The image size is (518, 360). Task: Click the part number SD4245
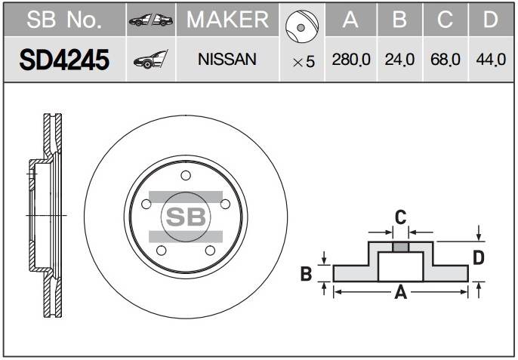64,60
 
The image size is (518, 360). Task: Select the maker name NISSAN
227,60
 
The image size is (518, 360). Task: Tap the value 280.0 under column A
351,60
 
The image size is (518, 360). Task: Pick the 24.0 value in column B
399,60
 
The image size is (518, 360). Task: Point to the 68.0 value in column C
445,60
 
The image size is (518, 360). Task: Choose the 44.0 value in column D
491,60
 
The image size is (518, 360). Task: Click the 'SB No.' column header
64,20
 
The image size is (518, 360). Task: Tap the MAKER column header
227,20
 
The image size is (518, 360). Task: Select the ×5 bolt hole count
304,62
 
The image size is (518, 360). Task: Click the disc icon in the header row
302,26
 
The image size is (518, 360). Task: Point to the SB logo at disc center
186,217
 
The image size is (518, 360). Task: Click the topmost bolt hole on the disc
186,175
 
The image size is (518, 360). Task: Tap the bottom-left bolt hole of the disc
162,251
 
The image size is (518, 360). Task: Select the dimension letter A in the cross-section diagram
400,292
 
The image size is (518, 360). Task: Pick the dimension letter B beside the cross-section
306,274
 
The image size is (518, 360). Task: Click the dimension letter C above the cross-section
400,217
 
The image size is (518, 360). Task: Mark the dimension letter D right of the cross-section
479,257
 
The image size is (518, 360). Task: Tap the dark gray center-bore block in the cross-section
401,247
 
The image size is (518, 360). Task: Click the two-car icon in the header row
151,20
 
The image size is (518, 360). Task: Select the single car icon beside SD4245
151,60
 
